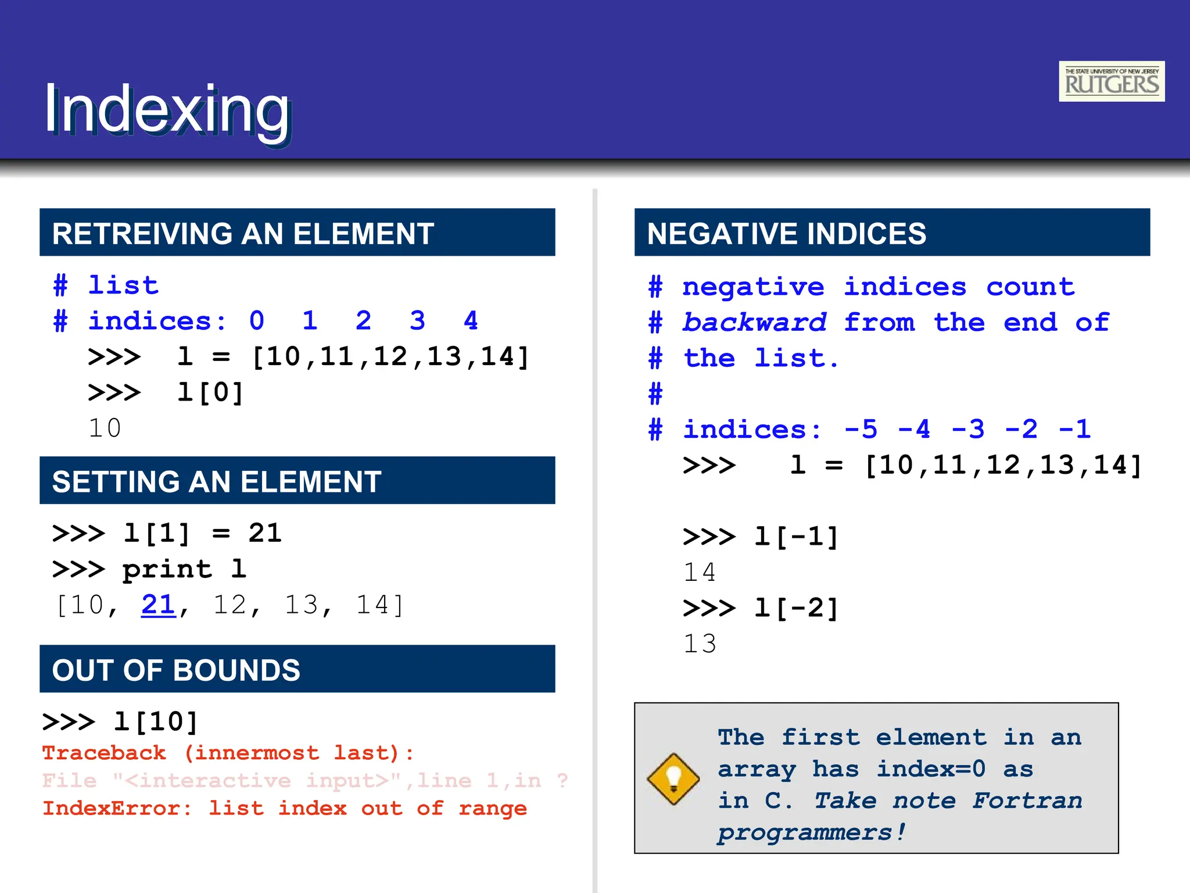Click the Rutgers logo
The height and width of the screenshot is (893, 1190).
(x=1111, y=81)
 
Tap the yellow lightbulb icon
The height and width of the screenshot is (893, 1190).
(x=673, y=779)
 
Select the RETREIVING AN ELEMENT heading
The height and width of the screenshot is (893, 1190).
(x=243, y=234)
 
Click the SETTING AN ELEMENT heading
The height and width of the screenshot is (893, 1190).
(x=217, y=482)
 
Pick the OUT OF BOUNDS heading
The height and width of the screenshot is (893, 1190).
(x=176, y=670)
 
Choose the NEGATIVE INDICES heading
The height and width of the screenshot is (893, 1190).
(x=787, y=234)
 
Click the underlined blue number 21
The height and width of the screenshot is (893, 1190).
(x=158, y=605)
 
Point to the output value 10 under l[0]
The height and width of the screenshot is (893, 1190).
(x=105, y=428)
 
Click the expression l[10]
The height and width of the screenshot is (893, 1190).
(x=156, y=722)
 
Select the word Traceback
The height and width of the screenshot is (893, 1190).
(x=105, y=753)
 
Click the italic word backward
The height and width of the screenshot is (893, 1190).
(x=754, y=323)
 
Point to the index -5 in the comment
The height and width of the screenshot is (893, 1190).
(x=861, y=430)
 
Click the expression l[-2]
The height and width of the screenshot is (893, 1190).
(x=796, y=609)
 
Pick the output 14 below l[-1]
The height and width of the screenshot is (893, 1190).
(x=700, y=573)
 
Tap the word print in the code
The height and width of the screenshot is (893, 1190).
(x=167, y=570)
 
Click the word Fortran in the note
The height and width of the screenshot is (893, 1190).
(x=1027, y=801)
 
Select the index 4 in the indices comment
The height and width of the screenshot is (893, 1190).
(x=471, y=321)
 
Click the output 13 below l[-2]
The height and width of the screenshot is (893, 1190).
(x=700, y=644)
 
